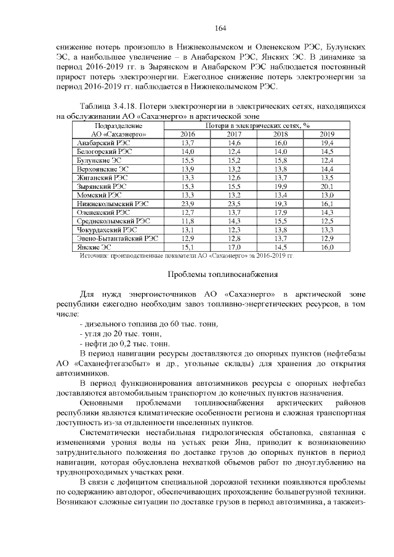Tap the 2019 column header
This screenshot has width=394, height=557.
click(327, 134)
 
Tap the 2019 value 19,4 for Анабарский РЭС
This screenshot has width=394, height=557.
click(327, 142)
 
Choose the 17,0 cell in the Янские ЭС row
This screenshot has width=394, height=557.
click(234, 246)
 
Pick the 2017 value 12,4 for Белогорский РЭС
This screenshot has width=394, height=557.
click(234, 151)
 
